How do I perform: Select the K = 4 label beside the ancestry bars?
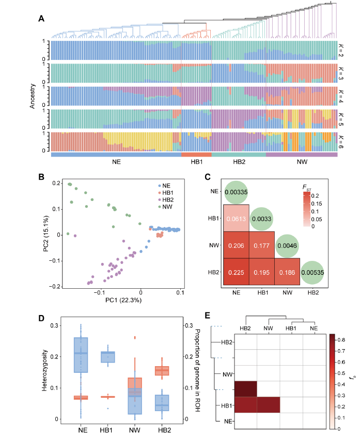(x=341, y=97)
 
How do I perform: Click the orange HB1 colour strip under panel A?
(x=196, y=154)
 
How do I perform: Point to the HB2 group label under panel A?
(x=239, y=162)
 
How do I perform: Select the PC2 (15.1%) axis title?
(x=45, y=234)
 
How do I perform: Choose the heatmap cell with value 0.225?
(x=236, y=271)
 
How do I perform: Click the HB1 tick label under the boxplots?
(x=107, y=429)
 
